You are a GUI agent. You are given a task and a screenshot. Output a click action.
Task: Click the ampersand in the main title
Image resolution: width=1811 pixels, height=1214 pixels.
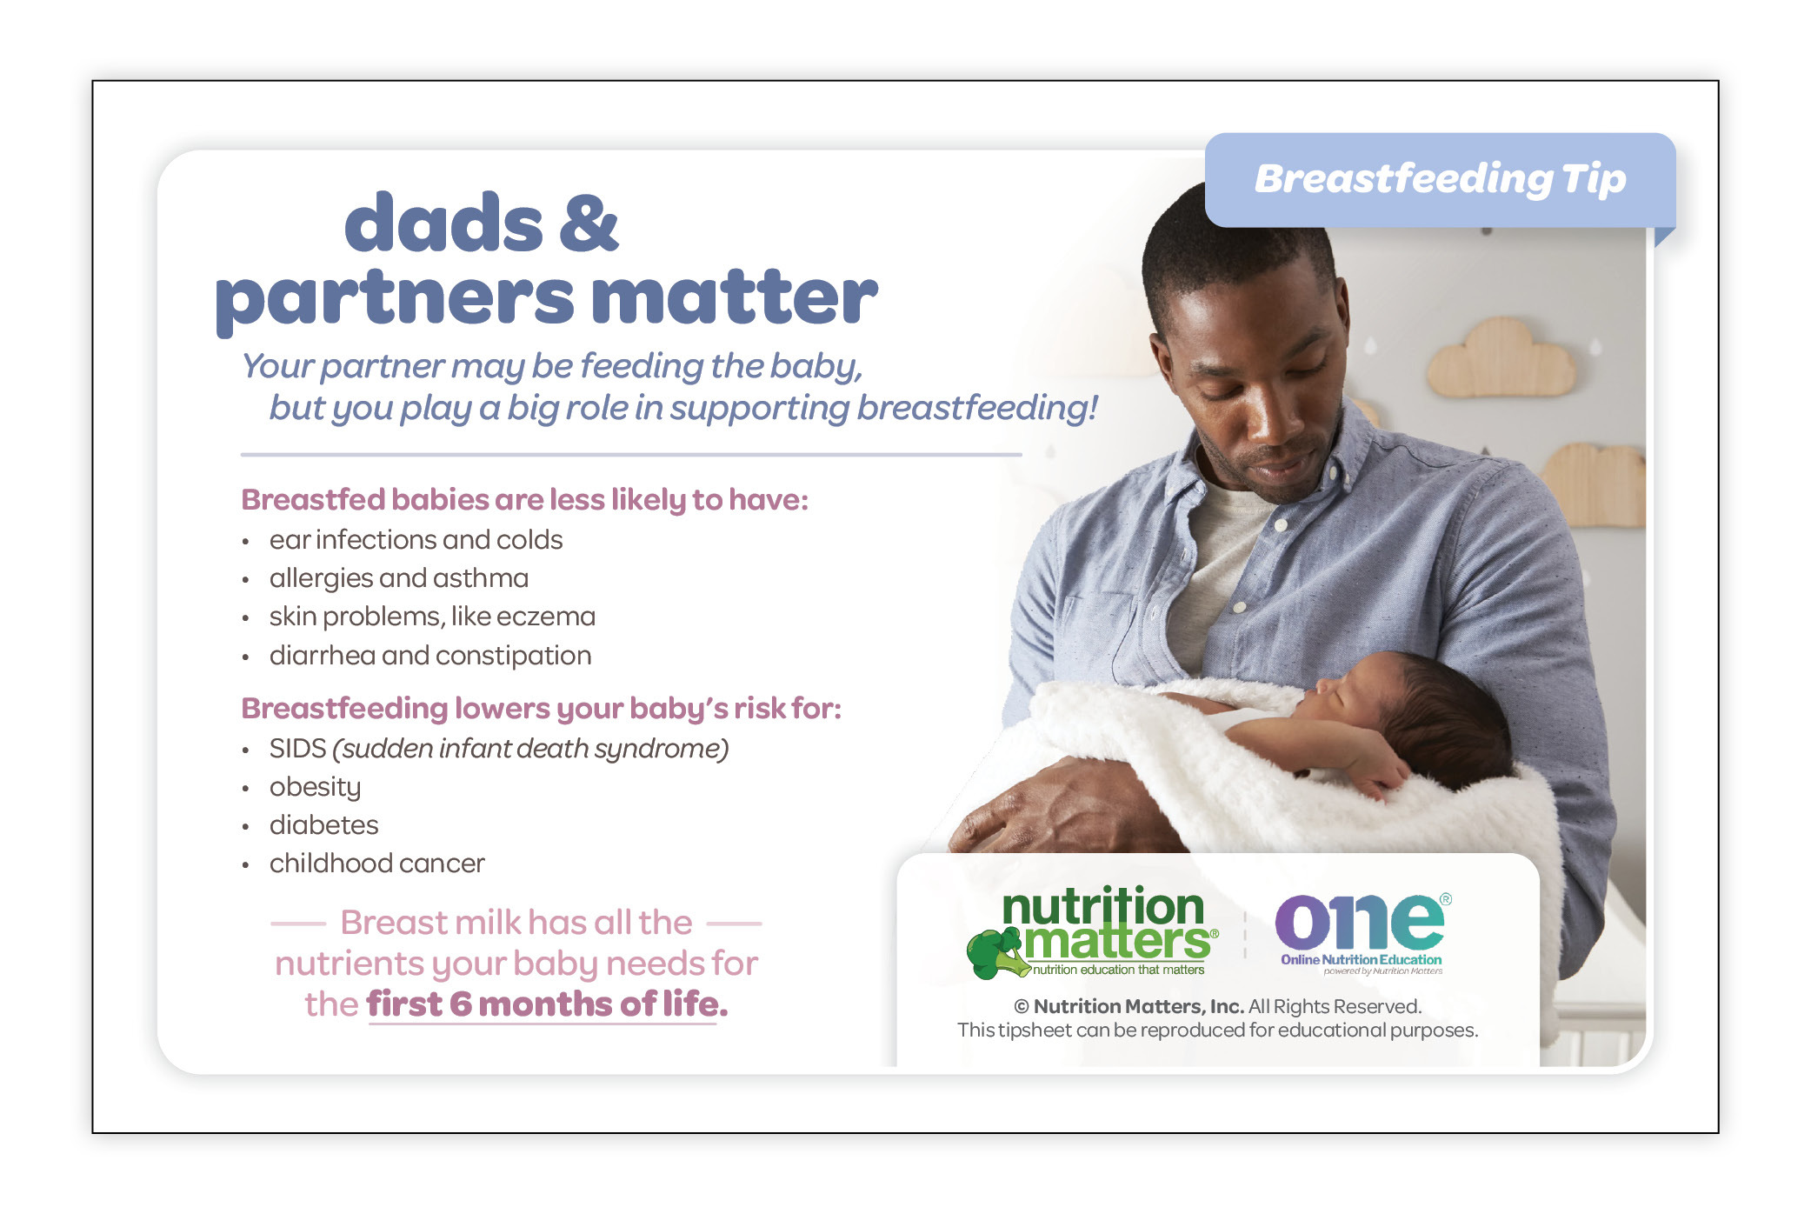point(588,223)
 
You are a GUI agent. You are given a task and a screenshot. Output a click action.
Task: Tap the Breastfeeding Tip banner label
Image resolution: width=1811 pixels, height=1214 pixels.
point(1440,180)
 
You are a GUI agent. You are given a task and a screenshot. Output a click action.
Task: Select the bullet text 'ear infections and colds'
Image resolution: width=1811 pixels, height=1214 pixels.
point(416,540)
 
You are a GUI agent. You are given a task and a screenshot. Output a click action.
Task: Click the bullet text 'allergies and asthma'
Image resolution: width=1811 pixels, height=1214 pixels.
point(399,578)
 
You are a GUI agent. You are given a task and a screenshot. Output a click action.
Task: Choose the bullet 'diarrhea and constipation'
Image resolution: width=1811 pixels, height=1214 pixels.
point(430,655)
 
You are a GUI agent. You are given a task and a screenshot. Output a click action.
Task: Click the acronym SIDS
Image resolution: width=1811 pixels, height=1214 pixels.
point(297,748)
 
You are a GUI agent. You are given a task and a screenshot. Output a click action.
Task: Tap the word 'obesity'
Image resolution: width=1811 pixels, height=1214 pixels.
point(315,788)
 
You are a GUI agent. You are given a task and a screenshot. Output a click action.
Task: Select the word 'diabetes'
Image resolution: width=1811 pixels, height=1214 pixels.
point(323,824)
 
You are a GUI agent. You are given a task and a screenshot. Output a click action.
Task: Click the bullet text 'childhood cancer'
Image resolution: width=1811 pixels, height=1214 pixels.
point(376,863)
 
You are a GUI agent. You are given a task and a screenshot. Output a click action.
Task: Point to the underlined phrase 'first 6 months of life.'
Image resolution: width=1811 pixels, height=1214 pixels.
point(547,1004)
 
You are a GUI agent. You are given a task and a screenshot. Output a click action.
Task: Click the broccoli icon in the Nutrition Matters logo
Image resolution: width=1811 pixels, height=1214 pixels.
point(997,953)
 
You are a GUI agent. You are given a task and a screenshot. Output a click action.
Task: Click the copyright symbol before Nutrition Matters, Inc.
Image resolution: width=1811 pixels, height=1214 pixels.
point(1022,1007)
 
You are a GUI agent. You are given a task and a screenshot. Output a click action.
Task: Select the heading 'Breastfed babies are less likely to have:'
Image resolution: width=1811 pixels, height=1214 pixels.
point(524,500)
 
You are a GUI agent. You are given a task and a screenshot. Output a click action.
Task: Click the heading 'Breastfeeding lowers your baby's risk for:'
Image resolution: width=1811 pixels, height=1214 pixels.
point(541,709)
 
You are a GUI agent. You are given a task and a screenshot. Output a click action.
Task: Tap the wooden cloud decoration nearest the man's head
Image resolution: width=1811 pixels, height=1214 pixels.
point(1501,358)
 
